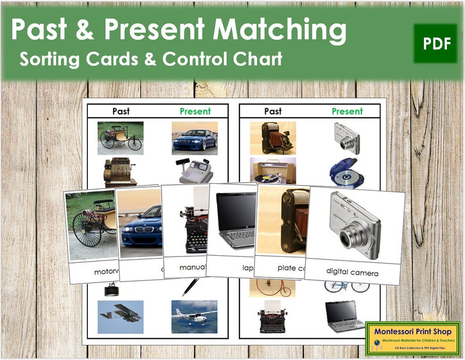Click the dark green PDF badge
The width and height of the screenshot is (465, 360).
coord(435,44)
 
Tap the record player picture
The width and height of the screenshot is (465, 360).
coord(272,170)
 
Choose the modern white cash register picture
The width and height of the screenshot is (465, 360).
coord(194,170)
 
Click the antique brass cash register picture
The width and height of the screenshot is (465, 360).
coord(119,170)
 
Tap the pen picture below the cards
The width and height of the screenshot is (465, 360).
coord(192,287)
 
